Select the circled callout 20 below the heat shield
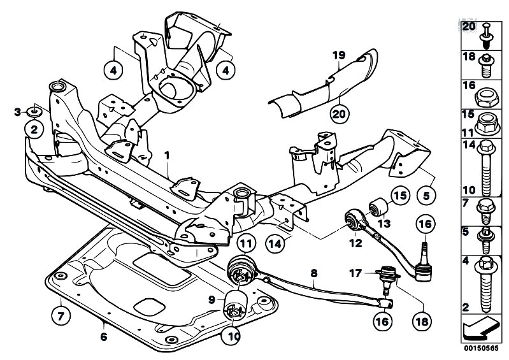pyautogui.click(x=339, y=115)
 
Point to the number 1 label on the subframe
pyautogui.click(x=167, y=155)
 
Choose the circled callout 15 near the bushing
pyautogui.click(x=399, y=196)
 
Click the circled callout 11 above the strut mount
pyautogui.click(x=247, y=243)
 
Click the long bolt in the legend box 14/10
pyautogui.click(x=486, y=167)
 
